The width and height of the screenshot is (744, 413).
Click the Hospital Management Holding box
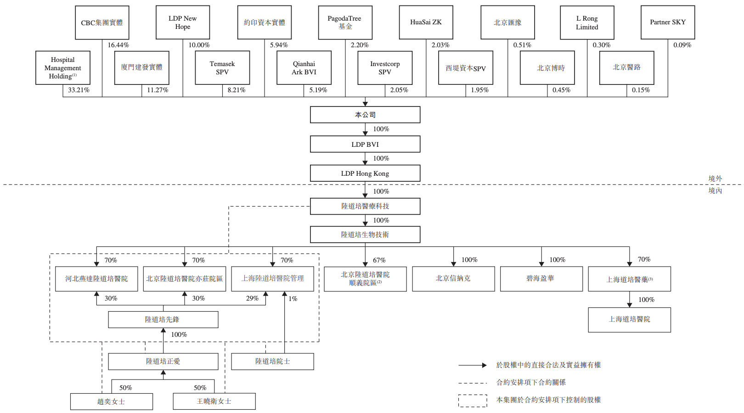pos(63,68)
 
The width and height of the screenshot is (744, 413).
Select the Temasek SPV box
pos(222,68)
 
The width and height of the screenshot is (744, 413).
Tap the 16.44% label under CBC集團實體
pos(118,45)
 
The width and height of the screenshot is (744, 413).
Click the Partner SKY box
pos(668,22)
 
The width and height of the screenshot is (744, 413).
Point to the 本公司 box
pos(365,115)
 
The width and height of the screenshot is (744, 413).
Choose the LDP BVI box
pos(365,144)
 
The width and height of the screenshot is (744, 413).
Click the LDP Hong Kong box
pos(365,173)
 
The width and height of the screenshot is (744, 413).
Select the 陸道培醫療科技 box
pos(365,206)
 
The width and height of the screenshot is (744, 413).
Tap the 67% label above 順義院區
pos(379,260)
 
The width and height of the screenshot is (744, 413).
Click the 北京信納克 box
pos(453,279)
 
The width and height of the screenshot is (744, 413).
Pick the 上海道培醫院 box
pos(629,319)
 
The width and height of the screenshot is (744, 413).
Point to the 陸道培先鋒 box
pos(163,319)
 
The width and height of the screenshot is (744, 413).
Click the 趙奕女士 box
pos(111,402)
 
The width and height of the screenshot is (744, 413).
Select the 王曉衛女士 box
pos(214,402)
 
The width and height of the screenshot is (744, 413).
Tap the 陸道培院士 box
pos(272,362)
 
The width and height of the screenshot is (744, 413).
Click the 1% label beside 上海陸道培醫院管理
pos(293,299)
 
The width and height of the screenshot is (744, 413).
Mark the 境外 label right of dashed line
pos(715,179)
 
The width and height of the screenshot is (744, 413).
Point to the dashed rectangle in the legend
pos(473,401)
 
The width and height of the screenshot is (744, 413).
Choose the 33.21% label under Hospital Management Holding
pos(79,90)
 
